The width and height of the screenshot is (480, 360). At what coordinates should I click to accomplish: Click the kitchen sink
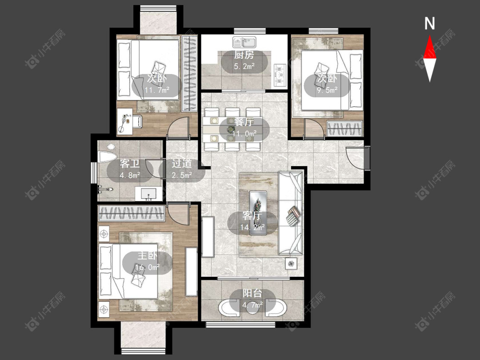pyautogui.click(x=244, y=42)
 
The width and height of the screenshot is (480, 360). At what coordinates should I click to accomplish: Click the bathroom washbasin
pyautogui.click(x=148, y=194)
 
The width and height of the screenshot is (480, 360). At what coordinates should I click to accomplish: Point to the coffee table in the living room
pyautogui.click(x=258, y=213)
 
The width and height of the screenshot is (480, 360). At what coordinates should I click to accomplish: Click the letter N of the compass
pyautogui.click(x=430, y=23)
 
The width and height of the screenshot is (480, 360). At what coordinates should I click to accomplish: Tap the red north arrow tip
pyautogui.click(x=430, y=35)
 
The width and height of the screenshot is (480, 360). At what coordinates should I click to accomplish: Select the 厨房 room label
pyautogui.click(x=244, y=55)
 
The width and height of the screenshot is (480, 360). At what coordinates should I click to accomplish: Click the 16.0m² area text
pyautogui.click(x=148, y=267)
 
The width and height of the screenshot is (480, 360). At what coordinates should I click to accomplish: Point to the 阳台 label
pyautogui.click(x=252, y=293)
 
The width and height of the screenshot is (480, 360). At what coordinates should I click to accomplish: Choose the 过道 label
pyautogui.click(x=182, y=163)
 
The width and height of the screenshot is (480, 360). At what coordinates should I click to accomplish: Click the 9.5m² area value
pyautogui.click(x=327, y=90)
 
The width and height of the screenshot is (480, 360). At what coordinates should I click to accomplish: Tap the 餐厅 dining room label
pyautogui.click(x=244, y=122)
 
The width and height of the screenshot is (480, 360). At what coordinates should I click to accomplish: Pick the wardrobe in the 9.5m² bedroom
pyautogui.click(x=344, y=128)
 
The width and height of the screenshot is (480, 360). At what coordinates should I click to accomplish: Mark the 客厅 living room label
pyautogui.click(x=252, y=216)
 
